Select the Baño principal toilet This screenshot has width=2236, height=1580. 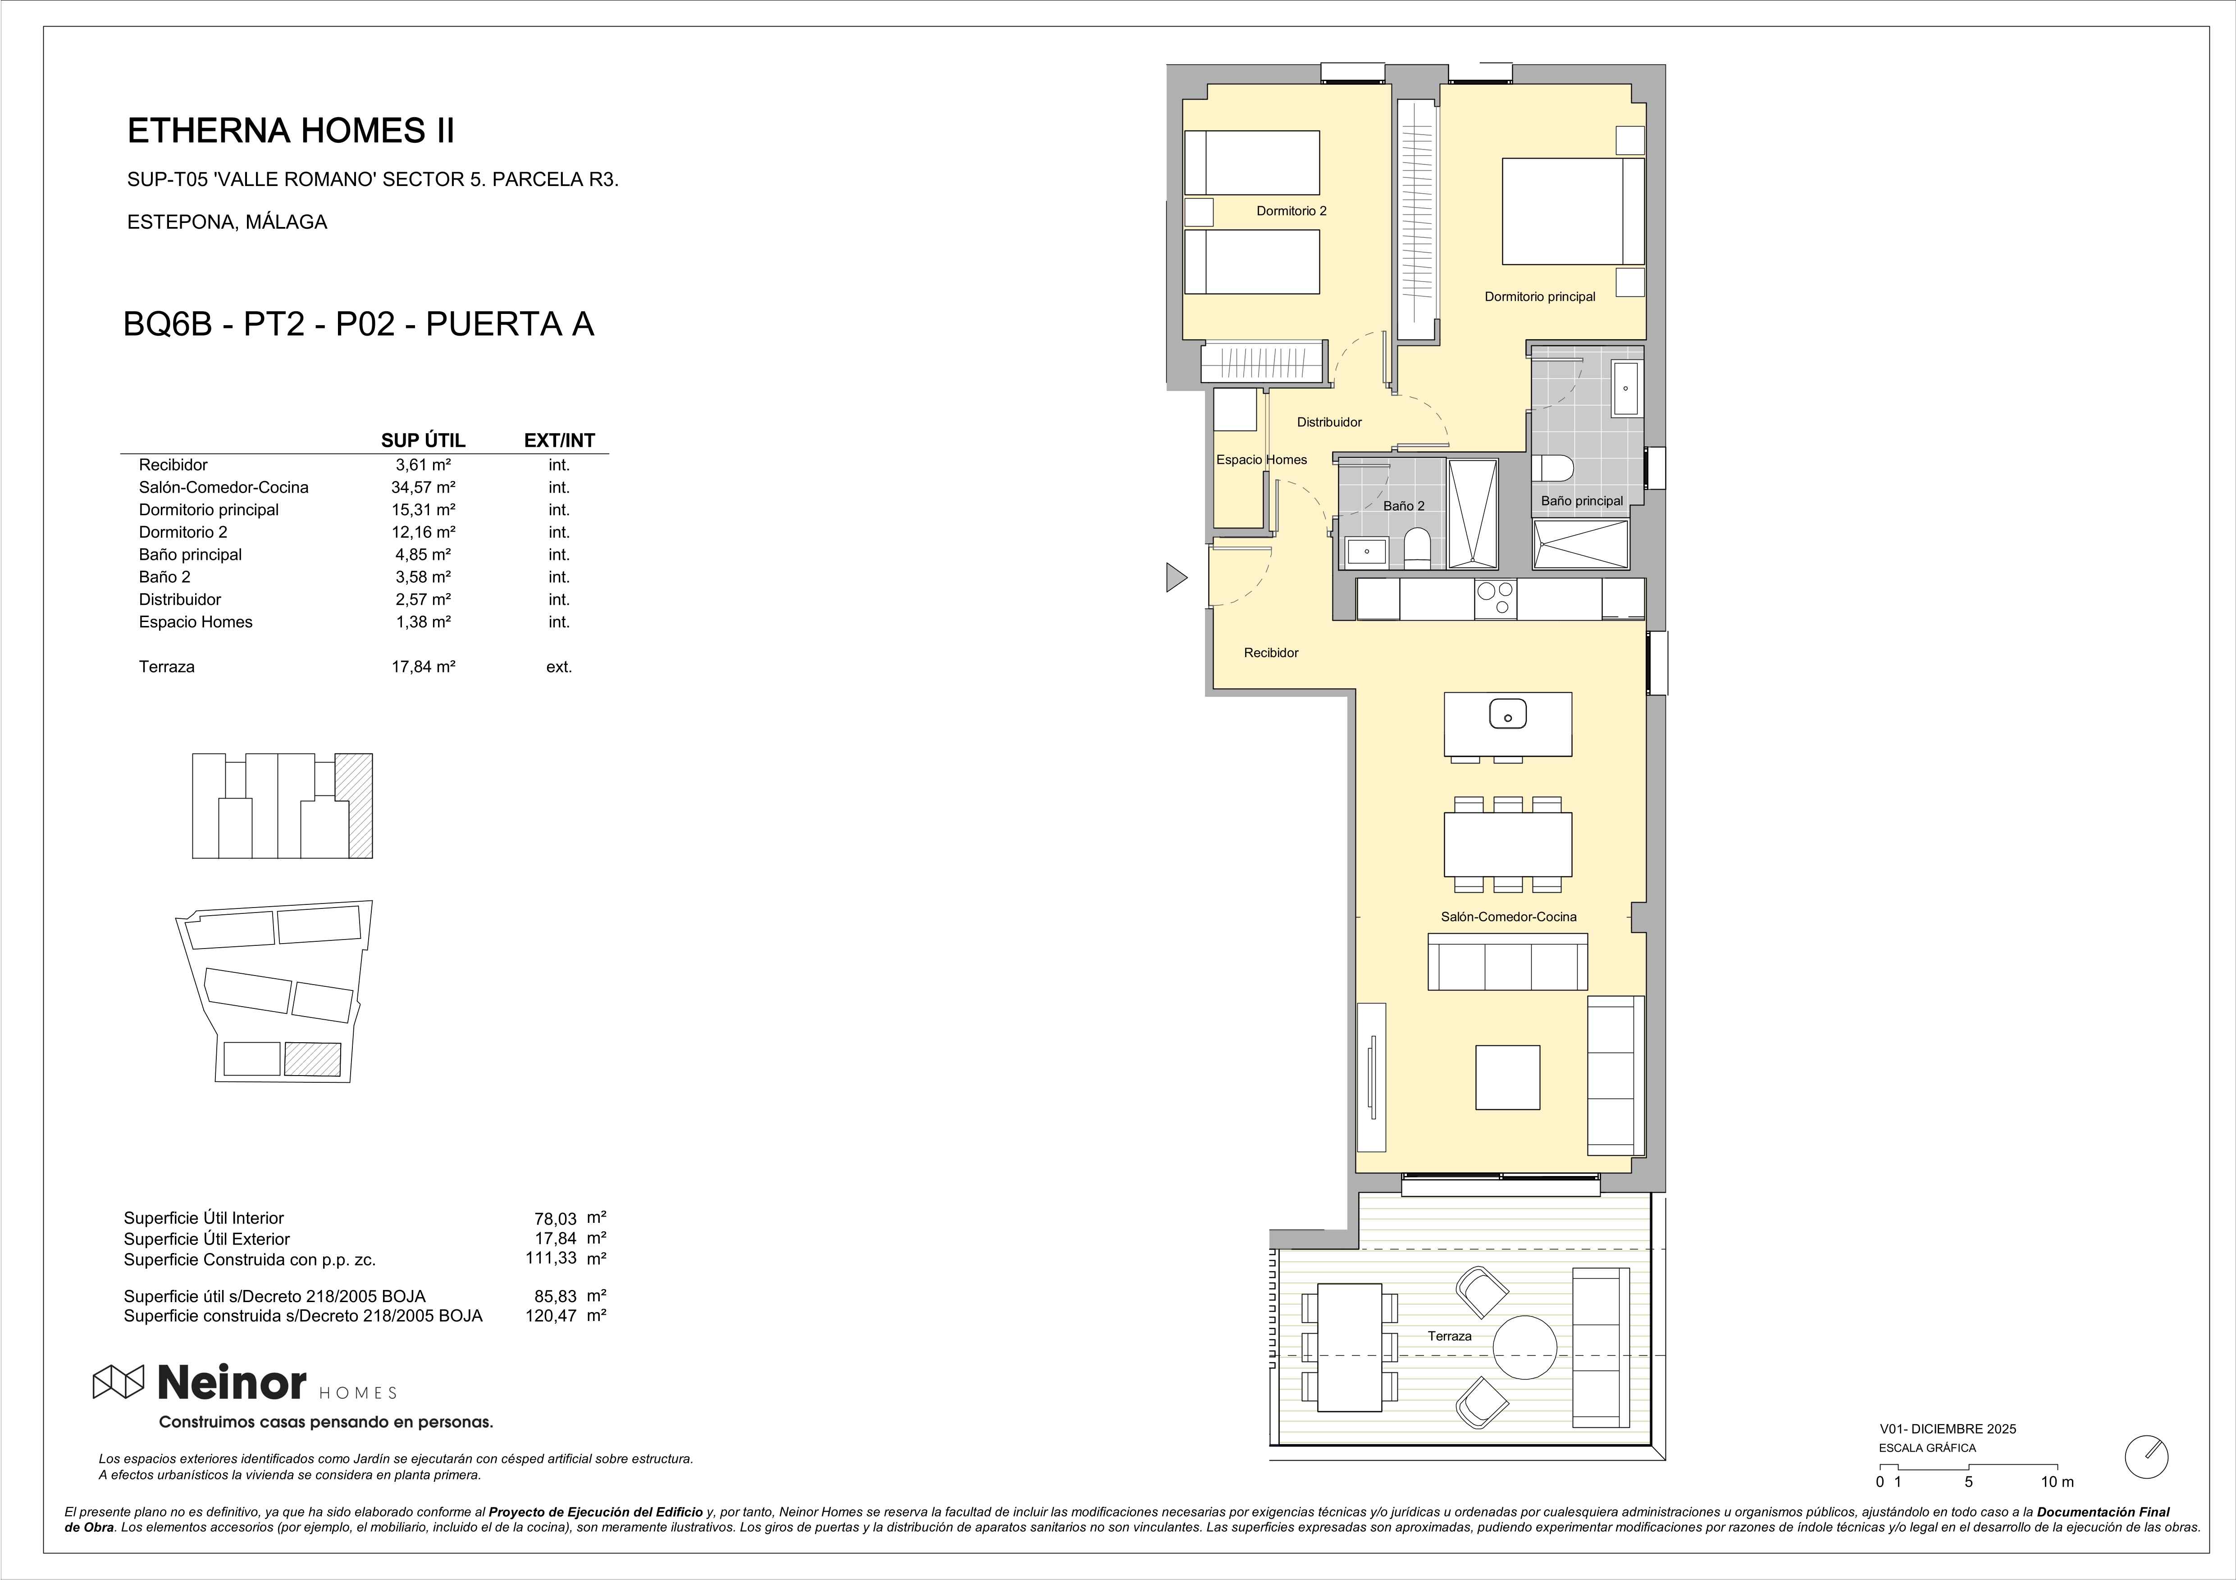tap(1553, 468)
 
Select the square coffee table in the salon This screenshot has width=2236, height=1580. tap(1507, 1078)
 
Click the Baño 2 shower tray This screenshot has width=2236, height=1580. tap(1473, 513)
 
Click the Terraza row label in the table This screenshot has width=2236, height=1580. tap(167, 667)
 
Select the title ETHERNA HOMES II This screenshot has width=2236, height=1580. tap(291, 131)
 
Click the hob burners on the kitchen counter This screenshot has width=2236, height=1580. tap(1495, 599)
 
